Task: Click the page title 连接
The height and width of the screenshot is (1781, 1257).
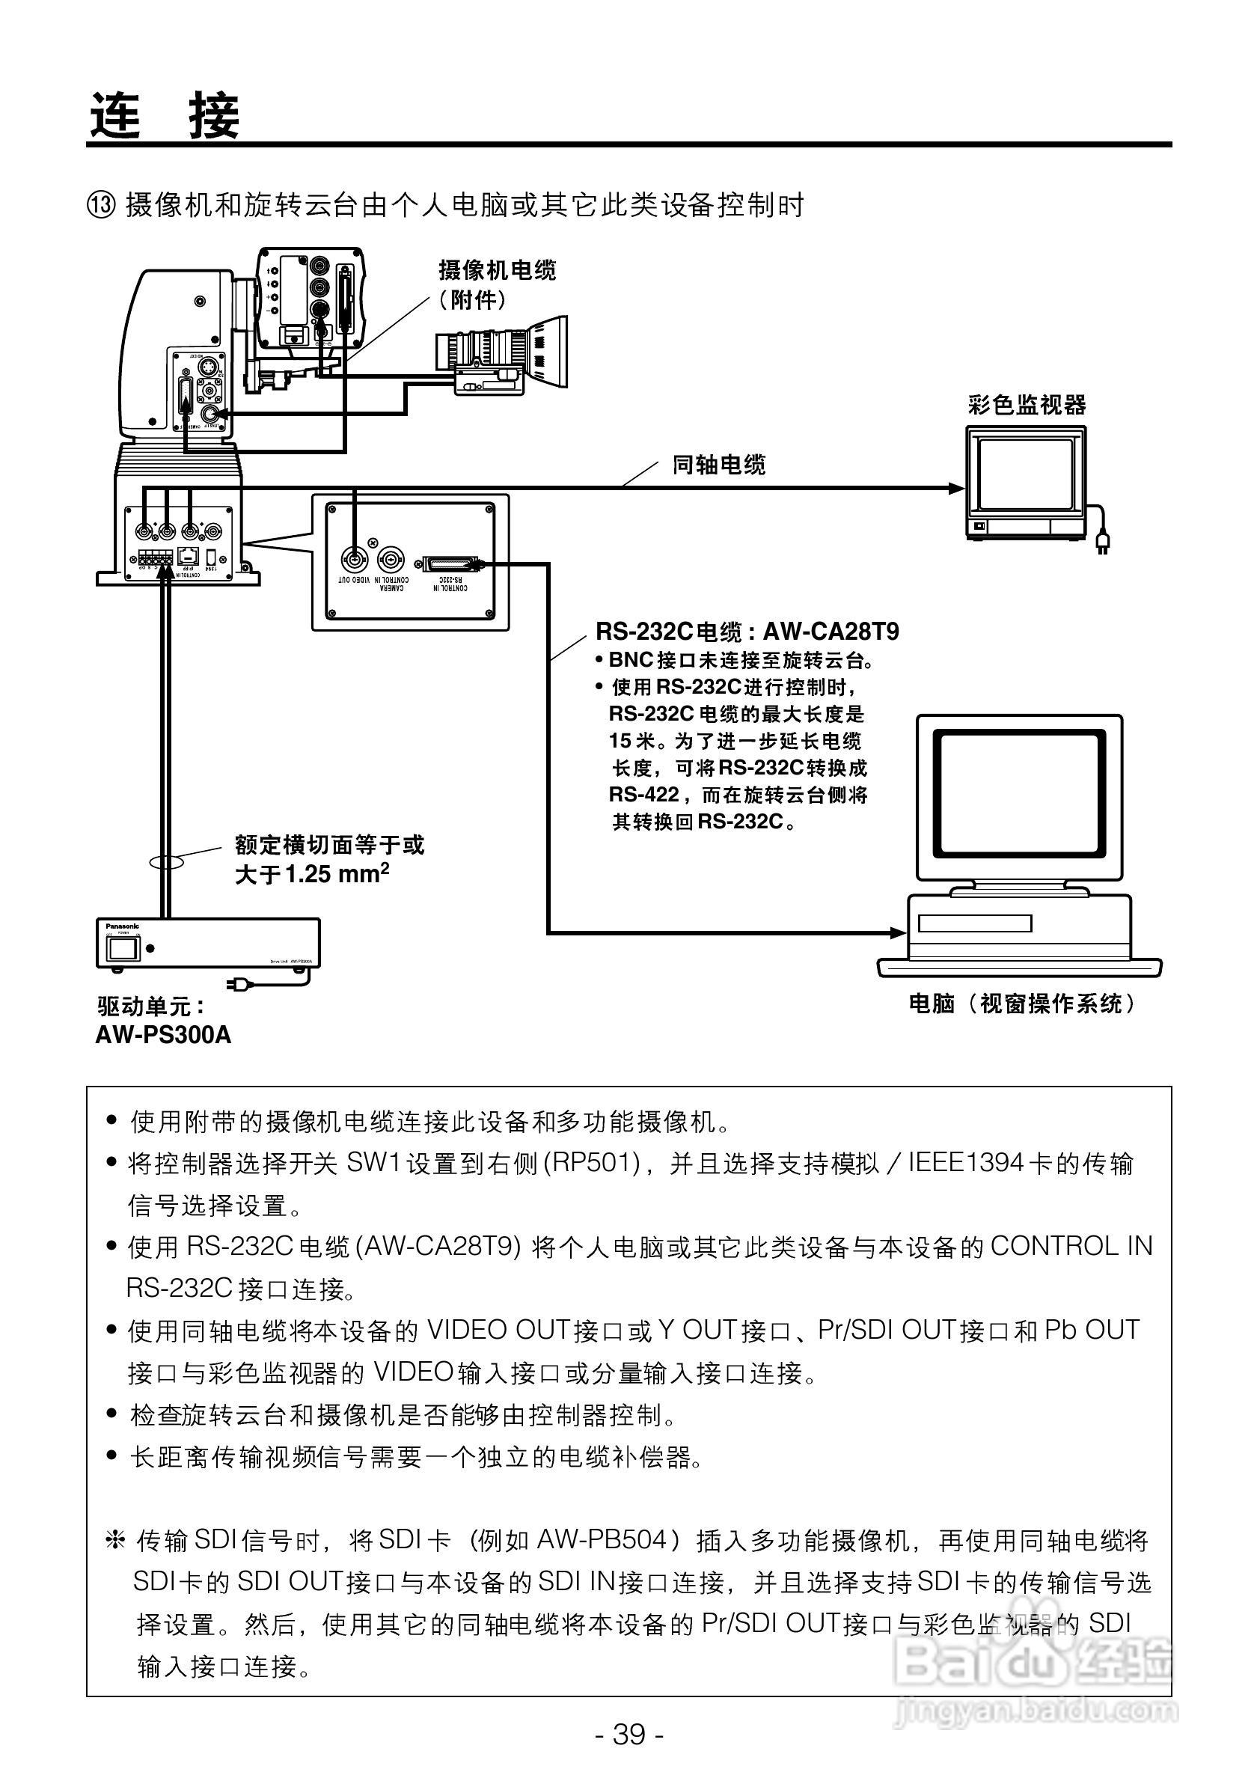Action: tap(165, 115)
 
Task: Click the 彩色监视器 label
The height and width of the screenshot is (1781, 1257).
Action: tap(1027, 404)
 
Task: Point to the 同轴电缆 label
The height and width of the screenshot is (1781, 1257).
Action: tap(719, 465)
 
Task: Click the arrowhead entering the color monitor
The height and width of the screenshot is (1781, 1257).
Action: tap(957, 488)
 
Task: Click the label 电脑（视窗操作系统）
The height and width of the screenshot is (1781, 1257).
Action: tap(1022, 1003)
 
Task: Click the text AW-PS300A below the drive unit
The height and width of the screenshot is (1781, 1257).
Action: tap(163, 1036)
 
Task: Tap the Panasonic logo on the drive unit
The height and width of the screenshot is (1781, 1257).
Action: tap(123, 926)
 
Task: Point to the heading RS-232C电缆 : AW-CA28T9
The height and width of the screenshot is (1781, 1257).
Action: tap(747, 632)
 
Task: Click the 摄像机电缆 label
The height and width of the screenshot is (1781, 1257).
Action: tap(497, 271)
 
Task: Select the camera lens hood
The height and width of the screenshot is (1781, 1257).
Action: tap(548, 352)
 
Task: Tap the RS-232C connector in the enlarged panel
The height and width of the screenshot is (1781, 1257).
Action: tap(450, 564)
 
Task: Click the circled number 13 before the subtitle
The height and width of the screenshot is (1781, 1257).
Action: tap(101, 207)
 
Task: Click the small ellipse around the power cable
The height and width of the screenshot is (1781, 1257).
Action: tap(165, 861)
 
